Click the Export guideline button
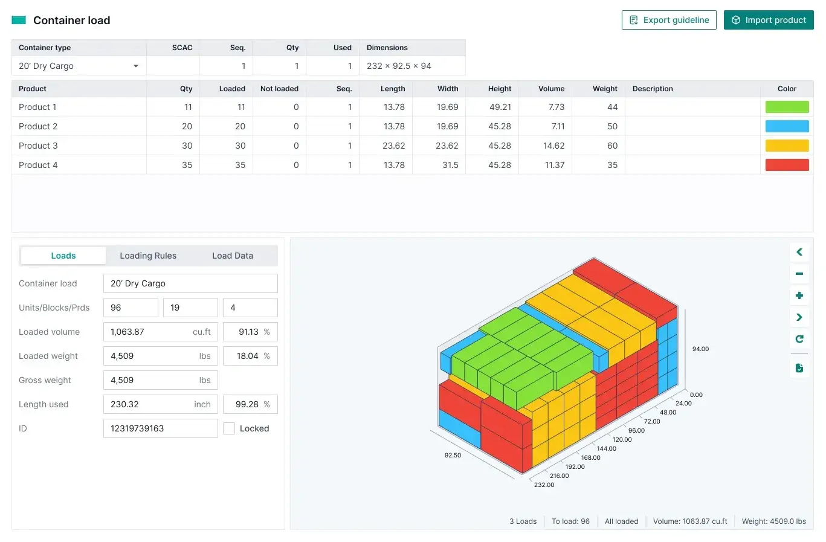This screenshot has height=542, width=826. click(669, 20)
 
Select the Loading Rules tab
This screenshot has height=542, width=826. click(148, 256)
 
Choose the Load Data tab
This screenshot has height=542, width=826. click(233, 256)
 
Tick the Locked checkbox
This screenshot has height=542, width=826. click(229, 428)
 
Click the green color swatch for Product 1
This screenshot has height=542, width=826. click(787, 107)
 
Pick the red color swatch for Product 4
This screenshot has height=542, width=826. click(787, 165)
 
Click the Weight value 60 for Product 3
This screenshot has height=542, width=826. click(612, 146)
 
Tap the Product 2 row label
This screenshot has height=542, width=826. click(38, 126)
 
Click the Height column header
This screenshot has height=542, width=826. click(499, 89)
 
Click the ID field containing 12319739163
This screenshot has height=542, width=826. click(160, 428)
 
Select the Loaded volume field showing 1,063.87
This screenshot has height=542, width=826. click(160, 332)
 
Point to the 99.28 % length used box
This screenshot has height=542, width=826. click(250, 404)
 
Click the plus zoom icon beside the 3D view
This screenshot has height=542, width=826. click(799, 295)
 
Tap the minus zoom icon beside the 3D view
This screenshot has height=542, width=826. click(799, 274)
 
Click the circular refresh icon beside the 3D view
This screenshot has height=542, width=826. click(799, 339)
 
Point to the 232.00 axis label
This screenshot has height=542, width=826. click(544, 485)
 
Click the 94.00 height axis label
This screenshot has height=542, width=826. click(700, 349)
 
